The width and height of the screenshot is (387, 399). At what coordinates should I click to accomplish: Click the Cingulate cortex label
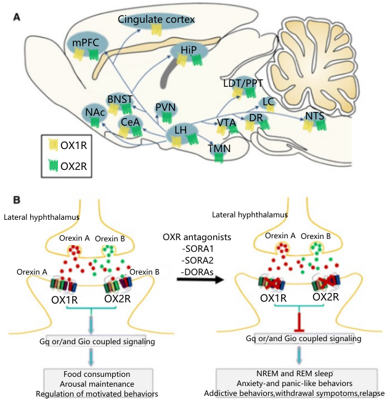[156, 19]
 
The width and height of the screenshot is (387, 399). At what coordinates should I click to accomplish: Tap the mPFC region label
[86, 42]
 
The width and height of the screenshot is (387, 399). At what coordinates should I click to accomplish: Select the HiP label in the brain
[189, 50]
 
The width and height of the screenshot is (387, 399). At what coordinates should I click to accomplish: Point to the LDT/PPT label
[243, 83]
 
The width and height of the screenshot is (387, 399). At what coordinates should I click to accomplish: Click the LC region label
[268, 102]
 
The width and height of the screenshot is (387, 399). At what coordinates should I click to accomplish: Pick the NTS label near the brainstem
[315, 116]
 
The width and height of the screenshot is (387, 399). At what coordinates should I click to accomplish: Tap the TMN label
[219, 148]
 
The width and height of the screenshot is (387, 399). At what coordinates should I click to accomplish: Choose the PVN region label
[166, 107]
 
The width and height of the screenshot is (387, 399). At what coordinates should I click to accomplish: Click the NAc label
[95, 112]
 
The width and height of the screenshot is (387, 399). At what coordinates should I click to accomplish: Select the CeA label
[131, 122]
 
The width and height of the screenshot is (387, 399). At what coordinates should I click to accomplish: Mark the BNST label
[120, 99]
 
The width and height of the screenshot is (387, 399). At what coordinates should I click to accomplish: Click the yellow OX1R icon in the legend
[54, 145]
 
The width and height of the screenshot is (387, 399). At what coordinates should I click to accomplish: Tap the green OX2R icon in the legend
[54, 166]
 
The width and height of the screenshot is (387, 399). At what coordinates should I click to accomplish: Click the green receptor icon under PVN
[167, 118]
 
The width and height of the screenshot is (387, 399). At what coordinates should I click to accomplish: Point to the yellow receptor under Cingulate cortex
[157, 30]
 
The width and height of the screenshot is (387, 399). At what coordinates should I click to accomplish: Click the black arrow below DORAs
[200, 280]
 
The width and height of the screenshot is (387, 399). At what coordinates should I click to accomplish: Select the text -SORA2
[198, 260]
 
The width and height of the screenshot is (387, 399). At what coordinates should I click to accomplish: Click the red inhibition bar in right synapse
[299, 320]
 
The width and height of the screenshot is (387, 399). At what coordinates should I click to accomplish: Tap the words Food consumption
[97, 374]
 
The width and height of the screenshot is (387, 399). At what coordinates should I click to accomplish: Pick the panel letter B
[17, 200]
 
